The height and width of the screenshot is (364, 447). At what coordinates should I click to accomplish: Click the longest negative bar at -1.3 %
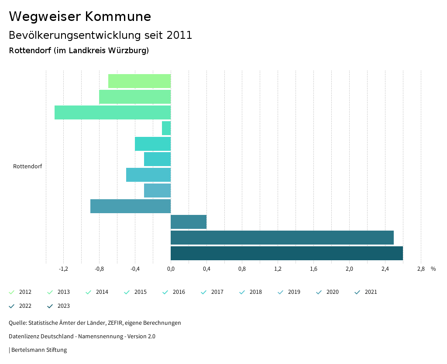coord(113,112)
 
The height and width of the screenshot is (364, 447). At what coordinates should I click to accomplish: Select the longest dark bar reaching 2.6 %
coord(286,253)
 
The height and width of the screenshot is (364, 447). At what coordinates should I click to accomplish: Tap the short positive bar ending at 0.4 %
coord(189,222)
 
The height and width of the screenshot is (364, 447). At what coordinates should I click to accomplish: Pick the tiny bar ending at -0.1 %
coord(166,128)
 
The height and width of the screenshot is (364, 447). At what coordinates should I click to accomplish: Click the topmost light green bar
coord(139,81)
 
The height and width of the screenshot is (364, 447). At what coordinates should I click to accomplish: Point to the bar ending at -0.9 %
coord(131,206)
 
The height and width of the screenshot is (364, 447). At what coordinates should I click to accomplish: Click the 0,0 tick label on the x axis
coord(171,269)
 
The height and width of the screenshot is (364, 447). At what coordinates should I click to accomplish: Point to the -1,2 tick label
coord(64,269)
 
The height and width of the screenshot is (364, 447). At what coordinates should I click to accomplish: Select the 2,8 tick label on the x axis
coord(421,269)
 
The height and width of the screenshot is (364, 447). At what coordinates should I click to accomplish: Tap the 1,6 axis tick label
coord(313,269)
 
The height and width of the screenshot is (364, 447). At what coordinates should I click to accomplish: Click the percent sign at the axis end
coord(433,269)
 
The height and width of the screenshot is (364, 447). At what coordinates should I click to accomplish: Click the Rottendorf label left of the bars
coord(28,167)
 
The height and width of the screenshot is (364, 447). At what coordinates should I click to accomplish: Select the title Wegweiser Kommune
coord(80,17)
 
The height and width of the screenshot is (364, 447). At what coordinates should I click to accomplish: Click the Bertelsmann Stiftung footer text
coord(39,350)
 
